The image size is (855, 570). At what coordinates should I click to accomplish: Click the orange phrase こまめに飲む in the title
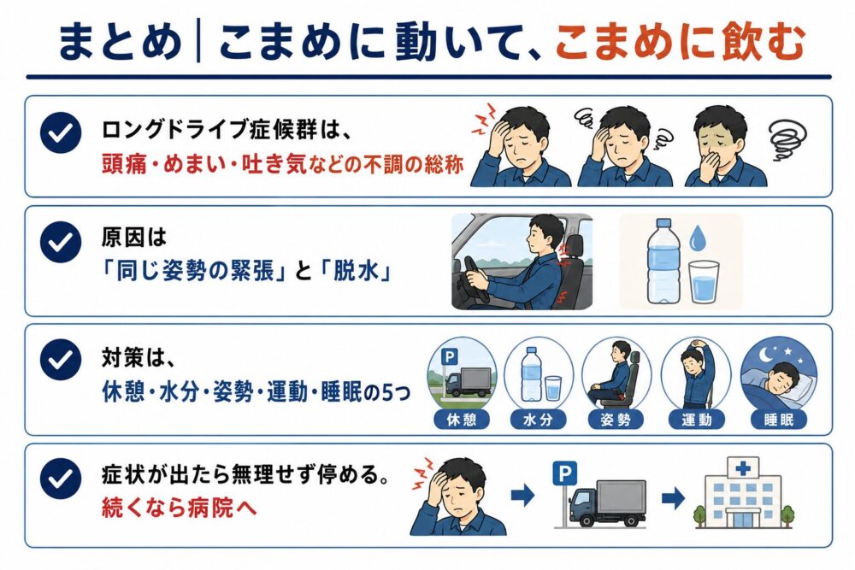[680, 42]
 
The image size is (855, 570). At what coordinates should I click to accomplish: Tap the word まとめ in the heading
[120, 42]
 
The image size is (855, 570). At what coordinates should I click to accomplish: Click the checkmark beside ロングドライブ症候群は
[61, 132]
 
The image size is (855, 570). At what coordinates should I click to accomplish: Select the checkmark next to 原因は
[61, 242]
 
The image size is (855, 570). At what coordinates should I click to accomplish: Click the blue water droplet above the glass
[698, 238]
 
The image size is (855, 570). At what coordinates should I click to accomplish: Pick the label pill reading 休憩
[462, 420]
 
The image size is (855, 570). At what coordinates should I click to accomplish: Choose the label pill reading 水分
[538, 420]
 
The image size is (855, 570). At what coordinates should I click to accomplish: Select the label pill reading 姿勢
[616, 420]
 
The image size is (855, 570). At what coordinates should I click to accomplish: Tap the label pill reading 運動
[696, 420]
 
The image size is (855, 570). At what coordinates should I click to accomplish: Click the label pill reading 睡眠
[778, 420]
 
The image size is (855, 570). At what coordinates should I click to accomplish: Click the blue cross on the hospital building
[743, 468]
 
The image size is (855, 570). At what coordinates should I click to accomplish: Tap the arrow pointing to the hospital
[674, 497]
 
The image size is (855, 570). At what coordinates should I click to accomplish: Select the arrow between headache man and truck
[523, 496]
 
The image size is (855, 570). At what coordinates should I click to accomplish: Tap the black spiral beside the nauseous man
[787, 139]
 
